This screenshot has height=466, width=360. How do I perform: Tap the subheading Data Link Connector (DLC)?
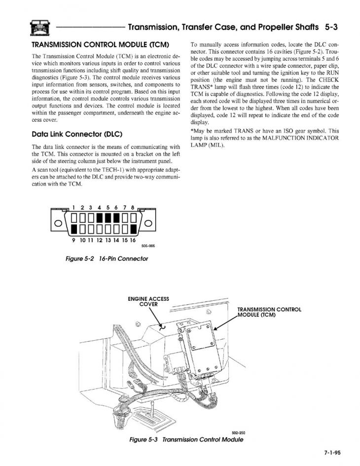pos(77,134)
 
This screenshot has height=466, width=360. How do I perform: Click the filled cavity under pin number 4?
pos(99,218)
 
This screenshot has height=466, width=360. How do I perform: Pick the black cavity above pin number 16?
pos(133,229)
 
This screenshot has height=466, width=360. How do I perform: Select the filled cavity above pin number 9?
pos(73,229)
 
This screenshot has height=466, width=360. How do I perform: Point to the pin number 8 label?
pos(133,208)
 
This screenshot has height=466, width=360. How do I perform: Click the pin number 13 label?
pos(108,240)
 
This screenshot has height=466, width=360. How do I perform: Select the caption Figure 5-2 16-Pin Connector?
pos(107,258)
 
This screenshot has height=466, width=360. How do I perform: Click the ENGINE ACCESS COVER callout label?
pos(148,301)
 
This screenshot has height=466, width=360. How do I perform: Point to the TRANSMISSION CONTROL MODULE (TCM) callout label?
pos(269,313)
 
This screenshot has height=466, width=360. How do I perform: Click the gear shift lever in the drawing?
pos(156,411)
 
